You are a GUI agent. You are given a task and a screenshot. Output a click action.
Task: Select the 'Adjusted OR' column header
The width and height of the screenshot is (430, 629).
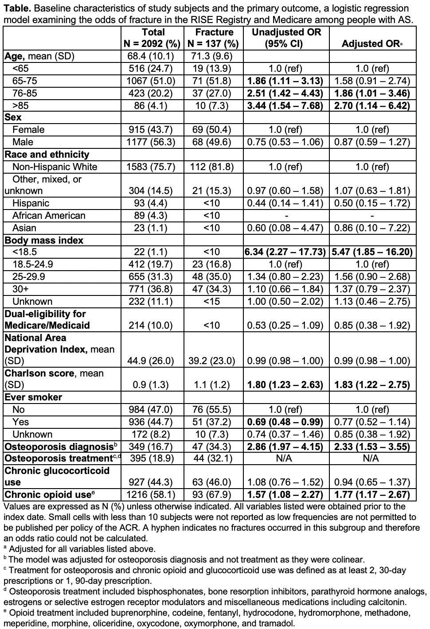click(371, 44)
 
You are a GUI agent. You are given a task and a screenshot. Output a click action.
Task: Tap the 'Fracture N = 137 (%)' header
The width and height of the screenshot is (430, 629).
click(214, 38)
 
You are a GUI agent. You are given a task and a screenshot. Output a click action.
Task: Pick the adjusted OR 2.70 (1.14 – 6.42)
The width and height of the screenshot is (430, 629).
click(372, 105)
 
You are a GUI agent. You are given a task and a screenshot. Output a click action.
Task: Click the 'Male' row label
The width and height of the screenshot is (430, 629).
click(22, 142)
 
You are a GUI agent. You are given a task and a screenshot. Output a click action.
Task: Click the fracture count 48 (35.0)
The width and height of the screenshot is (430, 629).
click(214, 276)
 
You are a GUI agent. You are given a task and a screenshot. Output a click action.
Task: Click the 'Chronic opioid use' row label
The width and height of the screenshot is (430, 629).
click(47, 494)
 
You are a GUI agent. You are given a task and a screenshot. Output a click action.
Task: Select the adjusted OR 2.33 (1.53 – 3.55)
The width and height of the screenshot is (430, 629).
click(372, 447)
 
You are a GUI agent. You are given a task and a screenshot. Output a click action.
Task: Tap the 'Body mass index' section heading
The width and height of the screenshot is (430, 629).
click(44, 240)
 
